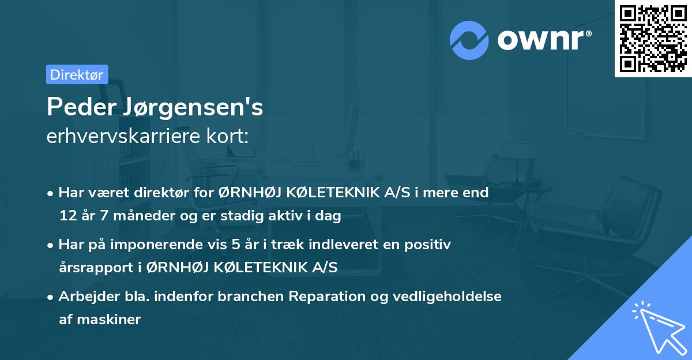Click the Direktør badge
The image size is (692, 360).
[77, 74]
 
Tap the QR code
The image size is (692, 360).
[653, 39]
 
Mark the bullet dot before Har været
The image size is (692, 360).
[51, 193]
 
